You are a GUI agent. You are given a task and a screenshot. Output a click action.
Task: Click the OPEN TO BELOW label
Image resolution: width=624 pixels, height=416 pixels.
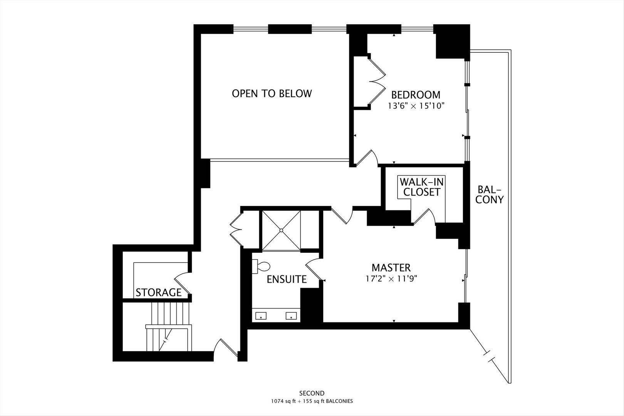click(x=272, y=94)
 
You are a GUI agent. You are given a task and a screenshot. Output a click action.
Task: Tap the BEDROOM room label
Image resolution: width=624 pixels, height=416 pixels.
click(x=416, y=95)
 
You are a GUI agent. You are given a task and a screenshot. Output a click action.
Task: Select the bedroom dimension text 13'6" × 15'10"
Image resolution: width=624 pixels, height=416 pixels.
click(x=416, y=106)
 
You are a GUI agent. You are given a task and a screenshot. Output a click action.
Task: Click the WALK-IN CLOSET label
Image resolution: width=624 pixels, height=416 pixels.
click(x=421, y=187)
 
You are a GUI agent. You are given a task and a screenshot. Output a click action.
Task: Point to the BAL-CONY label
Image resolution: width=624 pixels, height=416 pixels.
click(x=490, y=194)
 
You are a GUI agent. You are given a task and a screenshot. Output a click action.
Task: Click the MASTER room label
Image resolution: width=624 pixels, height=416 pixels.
click(x=391, y=267)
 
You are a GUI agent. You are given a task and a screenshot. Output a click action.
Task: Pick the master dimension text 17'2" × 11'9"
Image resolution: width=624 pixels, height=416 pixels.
click(x=391, y=279)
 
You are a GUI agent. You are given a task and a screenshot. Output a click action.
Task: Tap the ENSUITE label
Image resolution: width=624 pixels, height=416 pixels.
click(x=287, y=279)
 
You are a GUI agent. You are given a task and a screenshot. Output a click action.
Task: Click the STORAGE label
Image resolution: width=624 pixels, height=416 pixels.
click(x=158, y=292)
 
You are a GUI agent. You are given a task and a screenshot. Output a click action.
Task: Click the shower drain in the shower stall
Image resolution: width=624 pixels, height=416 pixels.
click(x=281, y=230)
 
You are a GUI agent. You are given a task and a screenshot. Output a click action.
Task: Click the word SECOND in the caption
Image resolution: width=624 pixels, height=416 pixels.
click(x=312, y=393)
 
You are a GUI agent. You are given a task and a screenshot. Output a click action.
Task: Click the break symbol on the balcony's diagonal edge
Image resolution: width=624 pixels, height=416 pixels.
click(x=488, y=356)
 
